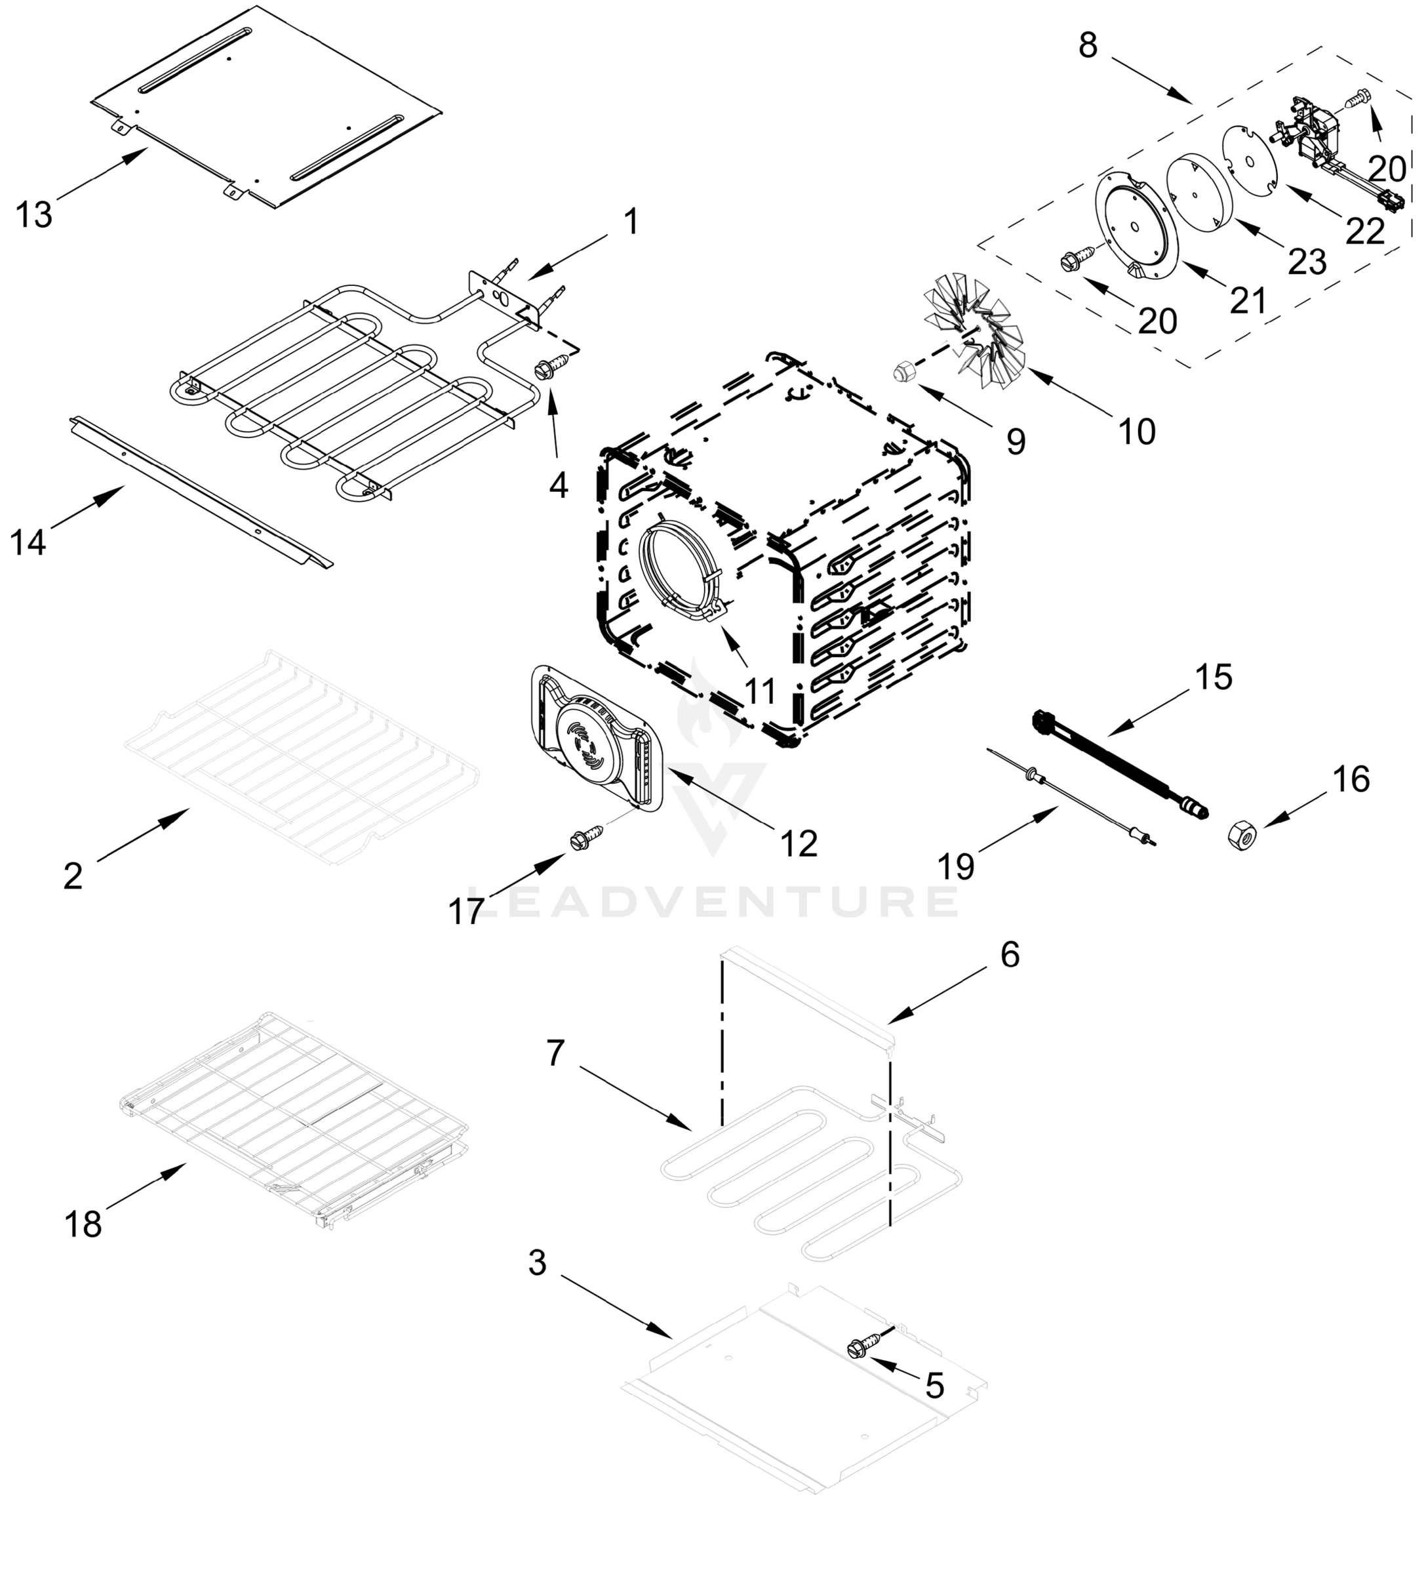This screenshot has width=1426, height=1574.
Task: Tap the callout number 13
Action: pos(33,214)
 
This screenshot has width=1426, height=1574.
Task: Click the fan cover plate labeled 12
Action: pos(598,738)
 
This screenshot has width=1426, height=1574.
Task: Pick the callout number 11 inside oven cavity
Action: pos(759,691)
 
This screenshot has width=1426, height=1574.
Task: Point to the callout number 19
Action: pos(956,866)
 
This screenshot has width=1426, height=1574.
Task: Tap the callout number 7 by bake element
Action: pos(555,1053)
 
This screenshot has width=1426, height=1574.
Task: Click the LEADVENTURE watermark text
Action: pos(712,902)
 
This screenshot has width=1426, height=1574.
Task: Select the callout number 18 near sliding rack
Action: pos(83,1224)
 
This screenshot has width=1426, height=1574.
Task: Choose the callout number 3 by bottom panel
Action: pos(537,1262)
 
